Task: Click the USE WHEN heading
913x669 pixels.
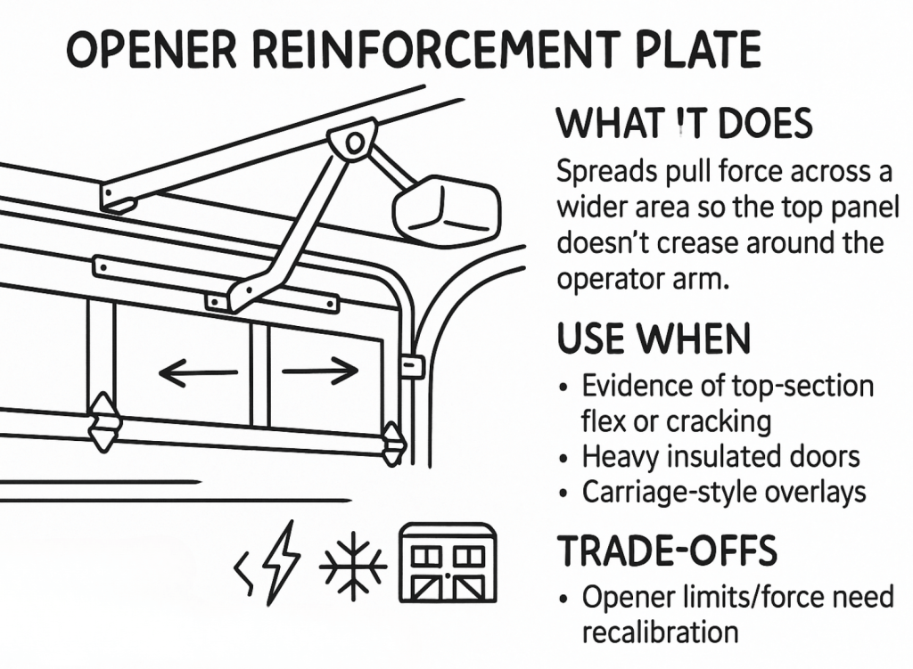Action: click(654, 339)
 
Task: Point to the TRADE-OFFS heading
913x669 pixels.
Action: click(667, 552)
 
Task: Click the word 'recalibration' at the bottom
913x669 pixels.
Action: click(660, 632)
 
